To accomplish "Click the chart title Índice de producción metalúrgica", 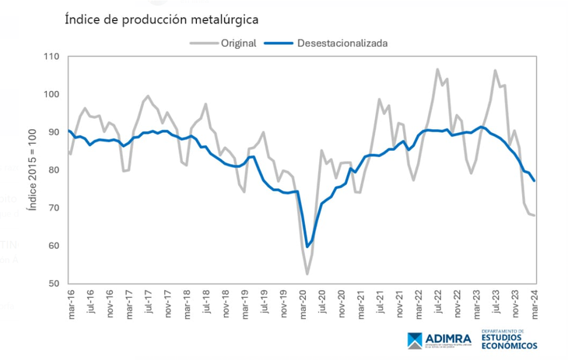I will (x=161, y=19).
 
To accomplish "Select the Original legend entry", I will (x=238, y=43).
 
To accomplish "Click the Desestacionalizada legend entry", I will (x=342, y=43).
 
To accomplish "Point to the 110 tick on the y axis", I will (x=51, y=57).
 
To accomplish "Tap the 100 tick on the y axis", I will (x=51, y=95).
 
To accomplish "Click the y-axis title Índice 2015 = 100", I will (x=31, y=170).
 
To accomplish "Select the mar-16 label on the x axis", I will (x=71, y=304).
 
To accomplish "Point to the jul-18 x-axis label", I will (x=206, y=303).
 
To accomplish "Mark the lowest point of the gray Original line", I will (x=307, y=274).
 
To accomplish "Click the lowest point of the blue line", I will (x=307, y=246).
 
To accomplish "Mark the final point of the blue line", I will (x=535, y=181).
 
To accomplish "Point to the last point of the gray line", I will (x=535, y=215).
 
